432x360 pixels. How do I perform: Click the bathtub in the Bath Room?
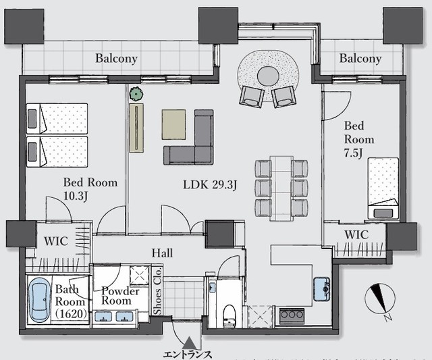(40, 300)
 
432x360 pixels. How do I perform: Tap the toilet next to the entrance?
(229, 316)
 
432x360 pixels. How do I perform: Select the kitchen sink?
(322, 290)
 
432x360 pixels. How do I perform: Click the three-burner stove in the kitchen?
(292, 315)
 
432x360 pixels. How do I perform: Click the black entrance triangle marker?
(189, 343)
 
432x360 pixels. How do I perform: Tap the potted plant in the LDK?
(136, 94)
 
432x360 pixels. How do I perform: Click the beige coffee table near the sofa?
(174, 124)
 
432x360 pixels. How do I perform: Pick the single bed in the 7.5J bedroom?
(383, 188)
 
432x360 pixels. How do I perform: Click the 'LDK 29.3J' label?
(210, 184)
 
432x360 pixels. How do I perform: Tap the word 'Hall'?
(162, 253)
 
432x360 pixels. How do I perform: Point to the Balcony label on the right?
(360, 59)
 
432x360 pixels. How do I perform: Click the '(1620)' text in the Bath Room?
(71, 313)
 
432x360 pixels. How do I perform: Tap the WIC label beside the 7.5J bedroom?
(356, 235)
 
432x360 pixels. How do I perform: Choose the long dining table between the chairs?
(281, 188)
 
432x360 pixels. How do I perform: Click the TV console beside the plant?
(136, 128)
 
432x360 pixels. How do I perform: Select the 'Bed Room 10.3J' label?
(90, 189)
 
